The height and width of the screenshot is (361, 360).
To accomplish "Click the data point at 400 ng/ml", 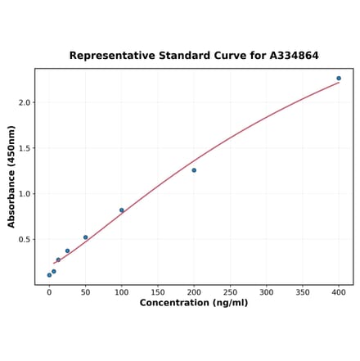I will coord(339,79).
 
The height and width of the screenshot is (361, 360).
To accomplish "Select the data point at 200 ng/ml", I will coord(194,170).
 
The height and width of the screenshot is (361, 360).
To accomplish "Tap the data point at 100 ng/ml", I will coord(122,210).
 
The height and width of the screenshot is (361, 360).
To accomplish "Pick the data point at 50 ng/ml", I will coord(85,237).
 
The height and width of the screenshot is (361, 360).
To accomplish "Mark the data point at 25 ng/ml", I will coord(67,251).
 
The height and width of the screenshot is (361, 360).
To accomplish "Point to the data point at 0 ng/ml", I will coord(49,275).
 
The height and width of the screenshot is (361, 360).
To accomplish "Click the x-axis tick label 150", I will coord(158,291).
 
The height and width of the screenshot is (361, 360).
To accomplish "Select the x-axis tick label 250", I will coord(230,291).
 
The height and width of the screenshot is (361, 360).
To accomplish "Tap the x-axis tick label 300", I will coord(266,291).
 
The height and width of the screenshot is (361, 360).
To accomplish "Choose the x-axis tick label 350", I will coord(303,291).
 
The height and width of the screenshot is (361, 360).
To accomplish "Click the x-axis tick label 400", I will coord(339,291).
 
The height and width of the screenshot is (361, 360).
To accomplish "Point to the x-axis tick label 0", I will coord(49,291).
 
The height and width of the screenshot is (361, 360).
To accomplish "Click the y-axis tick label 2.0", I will coord(24,102).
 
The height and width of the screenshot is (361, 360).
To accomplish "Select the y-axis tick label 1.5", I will coord(24,148).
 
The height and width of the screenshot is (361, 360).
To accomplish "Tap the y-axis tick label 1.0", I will coord(24,194).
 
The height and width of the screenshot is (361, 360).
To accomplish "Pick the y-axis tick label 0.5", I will coord(24,240).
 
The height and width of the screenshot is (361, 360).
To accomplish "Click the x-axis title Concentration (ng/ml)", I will coord(194,303).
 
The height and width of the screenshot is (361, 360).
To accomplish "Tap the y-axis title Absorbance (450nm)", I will coord(11,176).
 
